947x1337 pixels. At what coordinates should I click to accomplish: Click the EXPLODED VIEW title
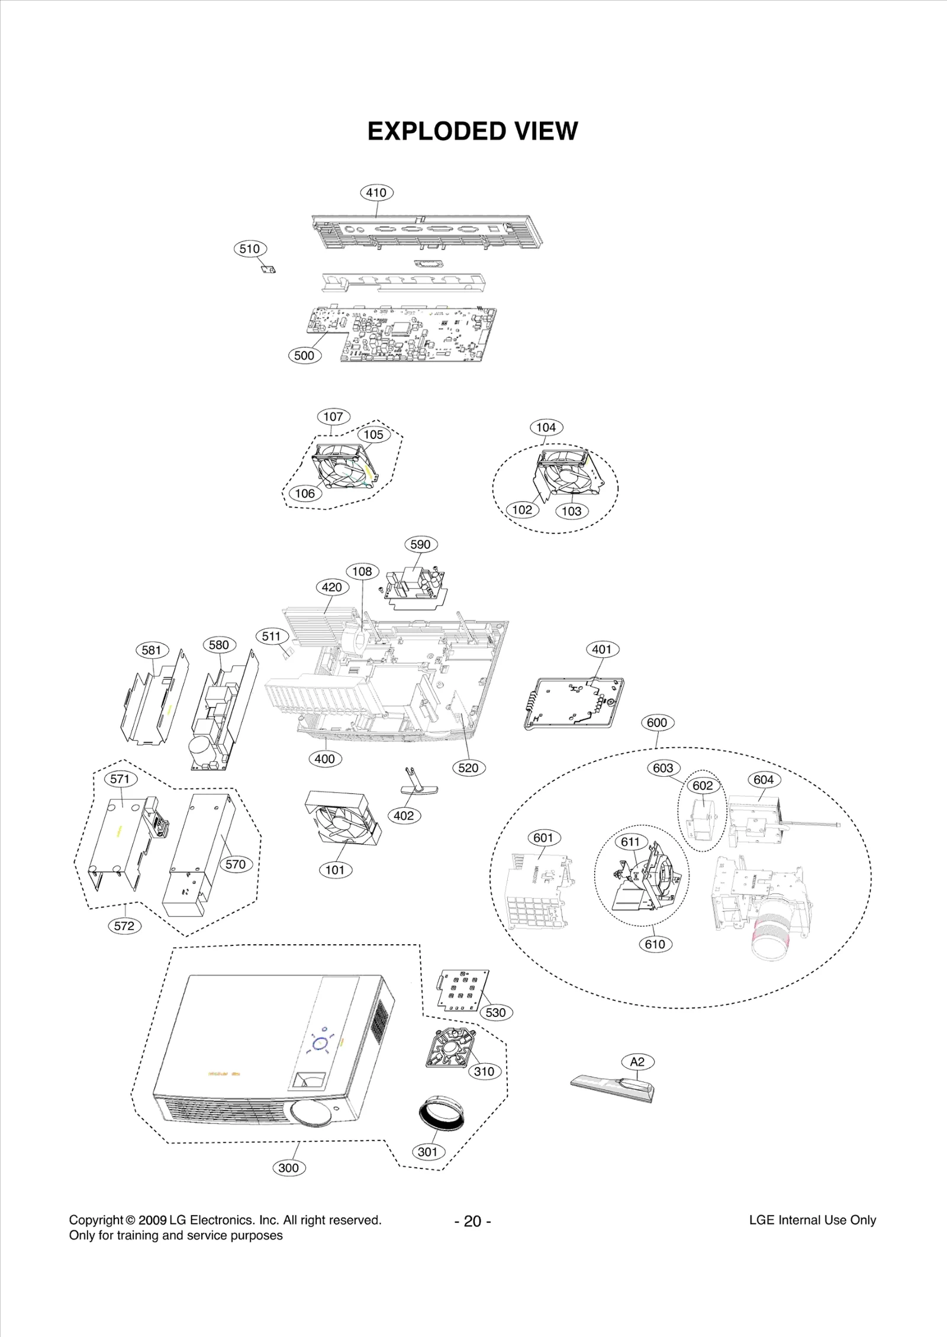click(x=472, y=131)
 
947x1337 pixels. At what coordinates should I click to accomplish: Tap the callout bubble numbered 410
click(x=376, y=192)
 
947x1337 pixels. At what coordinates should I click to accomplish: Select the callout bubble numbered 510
click(x=250, y=248)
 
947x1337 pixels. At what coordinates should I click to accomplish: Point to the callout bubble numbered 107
click(x=333, y=416)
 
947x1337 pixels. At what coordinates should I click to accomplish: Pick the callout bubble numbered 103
click(x=572, y=511)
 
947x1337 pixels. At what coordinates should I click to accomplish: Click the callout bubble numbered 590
click(x=420, y=544)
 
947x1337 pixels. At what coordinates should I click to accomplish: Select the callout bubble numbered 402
click(x=404, y=816)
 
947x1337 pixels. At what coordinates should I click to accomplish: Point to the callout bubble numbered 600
click(x=657, y=722)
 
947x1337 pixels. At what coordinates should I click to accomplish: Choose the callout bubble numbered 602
click(x=703, y=786)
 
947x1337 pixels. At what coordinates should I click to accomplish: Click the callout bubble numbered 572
click(x=124, y=926)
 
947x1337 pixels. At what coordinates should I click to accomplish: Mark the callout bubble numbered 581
click(x=152, y=650)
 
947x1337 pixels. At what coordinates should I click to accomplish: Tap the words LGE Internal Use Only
click(x=812, y=1220)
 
